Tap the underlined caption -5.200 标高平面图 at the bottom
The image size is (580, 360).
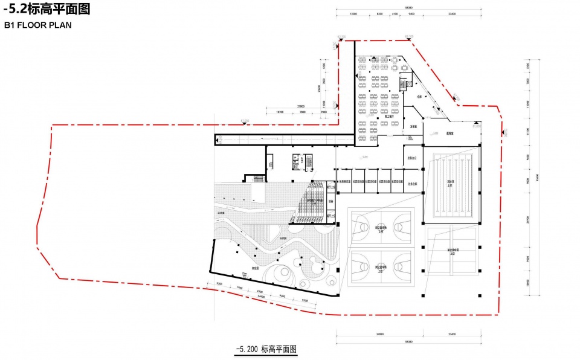[266, 349]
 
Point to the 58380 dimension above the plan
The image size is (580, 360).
[409, 7]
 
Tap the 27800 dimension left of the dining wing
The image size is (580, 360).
[300, 106]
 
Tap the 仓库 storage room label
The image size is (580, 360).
[419, 96]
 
